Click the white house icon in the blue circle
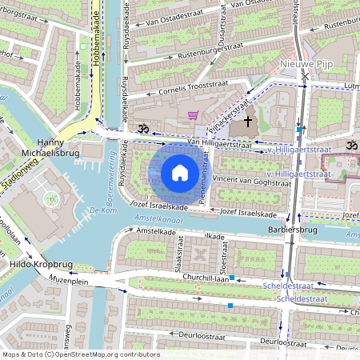(x=180, y=172)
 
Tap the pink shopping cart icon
(x=192, y=115)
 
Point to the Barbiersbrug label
(x=294, y=229)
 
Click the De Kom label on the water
(x=104, y=210)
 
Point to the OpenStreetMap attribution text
(x=80, y=354)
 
